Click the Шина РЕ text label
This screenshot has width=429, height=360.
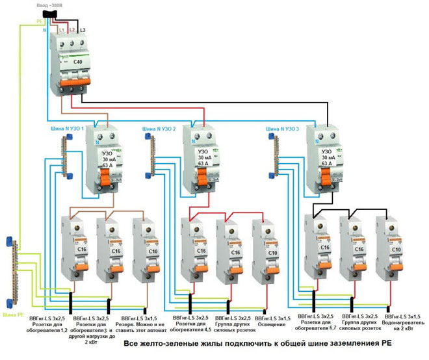pos(14,315)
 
